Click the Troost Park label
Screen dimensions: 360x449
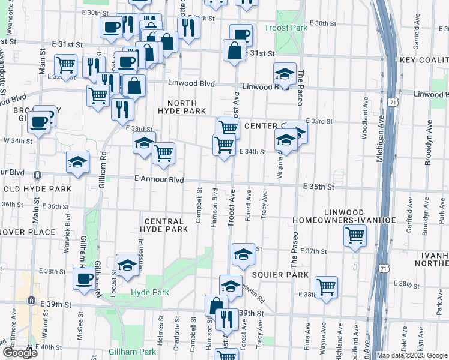click(286, 28)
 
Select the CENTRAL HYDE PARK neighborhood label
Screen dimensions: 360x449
click(164, 224)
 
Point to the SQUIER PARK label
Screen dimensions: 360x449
click(280, 275)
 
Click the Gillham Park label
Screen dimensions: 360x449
click(132, 352)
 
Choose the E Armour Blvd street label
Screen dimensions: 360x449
click(158, 179)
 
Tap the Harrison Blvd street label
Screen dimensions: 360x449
click(214, 207)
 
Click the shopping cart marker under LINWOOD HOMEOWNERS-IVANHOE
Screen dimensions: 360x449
click(355, 236)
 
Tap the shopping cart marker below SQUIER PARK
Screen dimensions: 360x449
click(326, 286)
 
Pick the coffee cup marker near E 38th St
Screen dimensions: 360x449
click(84, 278)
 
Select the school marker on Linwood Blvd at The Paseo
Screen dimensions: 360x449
click(285, 73)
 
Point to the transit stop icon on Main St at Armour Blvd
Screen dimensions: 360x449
click(38, 175)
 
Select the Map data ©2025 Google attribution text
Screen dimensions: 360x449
click(412, 355)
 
